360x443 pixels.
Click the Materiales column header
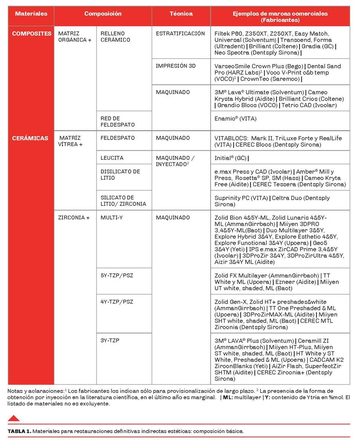click(x=31, y=14)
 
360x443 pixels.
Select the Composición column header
click(x=103, y=14)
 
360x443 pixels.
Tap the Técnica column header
click(x=181, y=14)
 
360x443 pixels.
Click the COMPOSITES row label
click(x=32, y=34)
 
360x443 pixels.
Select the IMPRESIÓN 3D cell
click(x=176, y=66)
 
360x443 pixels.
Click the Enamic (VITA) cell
click(x=235, y=119)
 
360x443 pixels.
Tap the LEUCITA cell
click(x=112, y=158)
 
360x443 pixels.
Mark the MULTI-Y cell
click(x=112, y=218)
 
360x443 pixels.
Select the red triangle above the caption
click(x=14, y=418)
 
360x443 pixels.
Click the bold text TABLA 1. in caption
click(x=19, y=431)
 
